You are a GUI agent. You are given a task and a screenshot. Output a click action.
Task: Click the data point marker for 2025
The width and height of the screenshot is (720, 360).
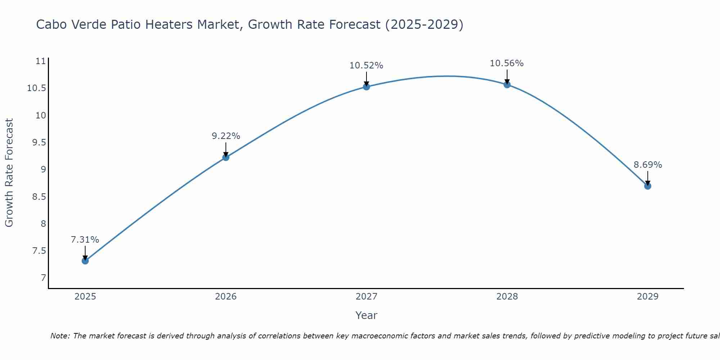[x=85, y=261]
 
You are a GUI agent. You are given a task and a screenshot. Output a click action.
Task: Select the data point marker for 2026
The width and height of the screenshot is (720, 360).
[x=226, y=157]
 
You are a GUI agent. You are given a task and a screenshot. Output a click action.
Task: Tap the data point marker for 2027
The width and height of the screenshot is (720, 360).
[x=366, y=86]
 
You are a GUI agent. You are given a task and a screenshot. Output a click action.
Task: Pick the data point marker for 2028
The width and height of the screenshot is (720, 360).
[x=507, y=85]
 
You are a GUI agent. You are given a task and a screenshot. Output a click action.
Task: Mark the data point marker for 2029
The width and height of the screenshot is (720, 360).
[x=648, y=186]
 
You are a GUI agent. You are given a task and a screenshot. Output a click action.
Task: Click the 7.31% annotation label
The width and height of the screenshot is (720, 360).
[x=85, y=240]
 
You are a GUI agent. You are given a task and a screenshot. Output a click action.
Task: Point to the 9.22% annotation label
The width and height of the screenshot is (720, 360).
[x=226, y=136]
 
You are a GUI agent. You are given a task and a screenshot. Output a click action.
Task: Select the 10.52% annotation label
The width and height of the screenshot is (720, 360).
[x=366, y=66]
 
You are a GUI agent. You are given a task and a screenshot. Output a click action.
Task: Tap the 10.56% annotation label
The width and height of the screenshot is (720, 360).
[x=507, y=63]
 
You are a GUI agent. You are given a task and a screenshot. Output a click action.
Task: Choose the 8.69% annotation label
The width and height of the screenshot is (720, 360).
[x=648, y=165]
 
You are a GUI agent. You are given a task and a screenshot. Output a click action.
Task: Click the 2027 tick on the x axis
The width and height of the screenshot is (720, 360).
[x=366, y=297]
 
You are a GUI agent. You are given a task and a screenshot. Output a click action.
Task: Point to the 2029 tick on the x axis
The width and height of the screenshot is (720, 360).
[x=648, y=297]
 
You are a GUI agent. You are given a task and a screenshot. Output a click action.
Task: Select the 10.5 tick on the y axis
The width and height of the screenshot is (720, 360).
[x=37, y=88]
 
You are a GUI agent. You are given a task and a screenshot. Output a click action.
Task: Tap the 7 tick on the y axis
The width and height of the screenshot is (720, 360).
[x=44, y=278]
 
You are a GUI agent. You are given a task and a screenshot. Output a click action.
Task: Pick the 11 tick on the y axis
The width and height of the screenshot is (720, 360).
[x=41, y=61]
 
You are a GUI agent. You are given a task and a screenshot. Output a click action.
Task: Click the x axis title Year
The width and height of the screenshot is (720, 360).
[x=366, y=315]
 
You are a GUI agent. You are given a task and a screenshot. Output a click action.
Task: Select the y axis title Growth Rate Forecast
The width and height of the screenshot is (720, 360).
[x=9, y=173]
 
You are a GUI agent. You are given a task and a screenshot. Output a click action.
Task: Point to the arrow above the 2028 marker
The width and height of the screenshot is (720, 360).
[x=507, y=76]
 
